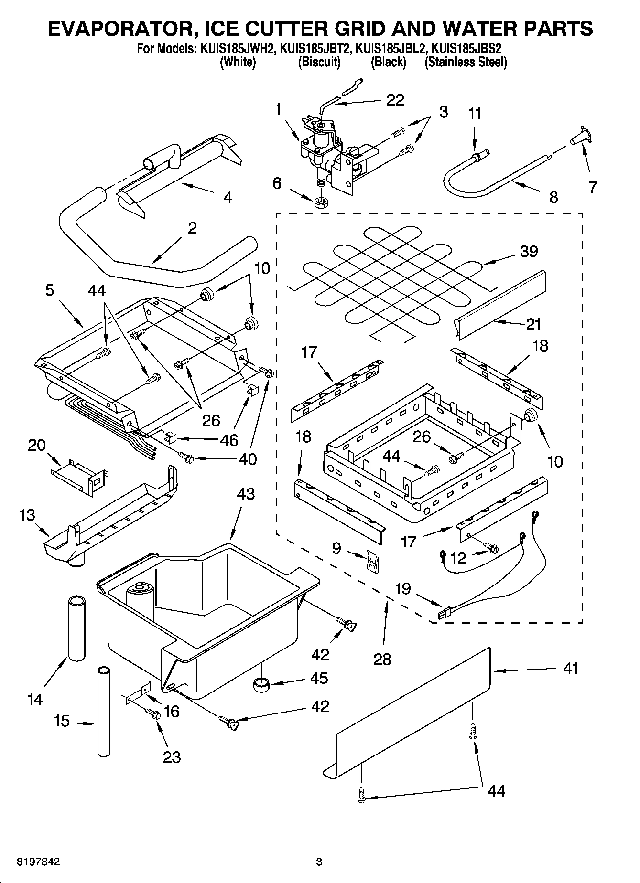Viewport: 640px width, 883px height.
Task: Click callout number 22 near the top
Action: pyautogui.click(x=395, y=100)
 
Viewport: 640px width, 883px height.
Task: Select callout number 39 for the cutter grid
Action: pyautogui.click(x=529, y=251)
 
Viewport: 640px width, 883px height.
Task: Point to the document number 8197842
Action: pyautogui.click(x=39, y=862)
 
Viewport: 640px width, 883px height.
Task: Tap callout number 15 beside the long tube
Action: pyautogui.click(x=62, y=721)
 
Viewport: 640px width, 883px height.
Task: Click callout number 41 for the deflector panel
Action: pyautogui.click(x=570, y=668)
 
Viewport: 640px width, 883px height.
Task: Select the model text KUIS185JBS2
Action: pyautogui.click(x=466, y=49)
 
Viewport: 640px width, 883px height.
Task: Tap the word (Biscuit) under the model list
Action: pyautogui.click(x=319, y=62)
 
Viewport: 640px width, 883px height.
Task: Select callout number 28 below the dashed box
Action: pyautogui.click(x=382, y=659)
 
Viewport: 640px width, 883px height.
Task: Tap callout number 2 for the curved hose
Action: pyautogui.click(x=192, y=228)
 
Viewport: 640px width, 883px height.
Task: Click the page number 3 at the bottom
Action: pyautogui.click(x=319, y=862)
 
